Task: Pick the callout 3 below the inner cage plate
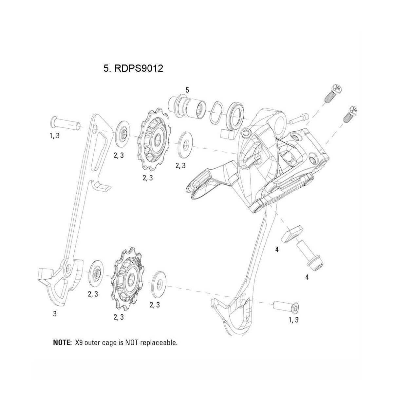[55, 314]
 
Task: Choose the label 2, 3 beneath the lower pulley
[119, 317]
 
